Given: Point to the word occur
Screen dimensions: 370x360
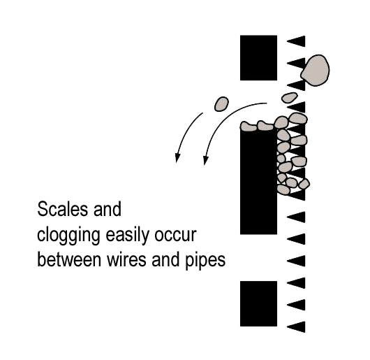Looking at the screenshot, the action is [175, 236].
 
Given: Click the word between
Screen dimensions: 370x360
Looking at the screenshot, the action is [69, 259].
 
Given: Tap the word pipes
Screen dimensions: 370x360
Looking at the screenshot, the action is [205, 261].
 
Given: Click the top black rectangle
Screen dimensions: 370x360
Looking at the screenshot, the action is [258, 58].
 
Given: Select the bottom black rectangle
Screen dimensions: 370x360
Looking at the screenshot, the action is [258, 304].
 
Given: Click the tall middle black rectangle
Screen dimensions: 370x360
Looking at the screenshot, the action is [258, 182].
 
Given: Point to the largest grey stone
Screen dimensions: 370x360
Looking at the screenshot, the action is [316, 71].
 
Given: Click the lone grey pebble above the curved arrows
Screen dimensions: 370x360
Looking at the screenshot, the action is [221, 103].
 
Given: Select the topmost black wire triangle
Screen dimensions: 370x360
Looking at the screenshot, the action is [296, 41].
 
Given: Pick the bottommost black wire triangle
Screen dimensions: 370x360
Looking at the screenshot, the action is [296, 327].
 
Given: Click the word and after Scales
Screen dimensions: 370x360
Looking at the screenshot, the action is [108, 209].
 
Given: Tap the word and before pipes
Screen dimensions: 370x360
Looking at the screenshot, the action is [165, 259].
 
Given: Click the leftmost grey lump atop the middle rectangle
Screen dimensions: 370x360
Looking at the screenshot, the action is [249, 126].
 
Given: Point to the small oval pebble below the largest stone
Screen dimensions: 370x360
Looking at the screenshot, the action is [289, 97].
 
